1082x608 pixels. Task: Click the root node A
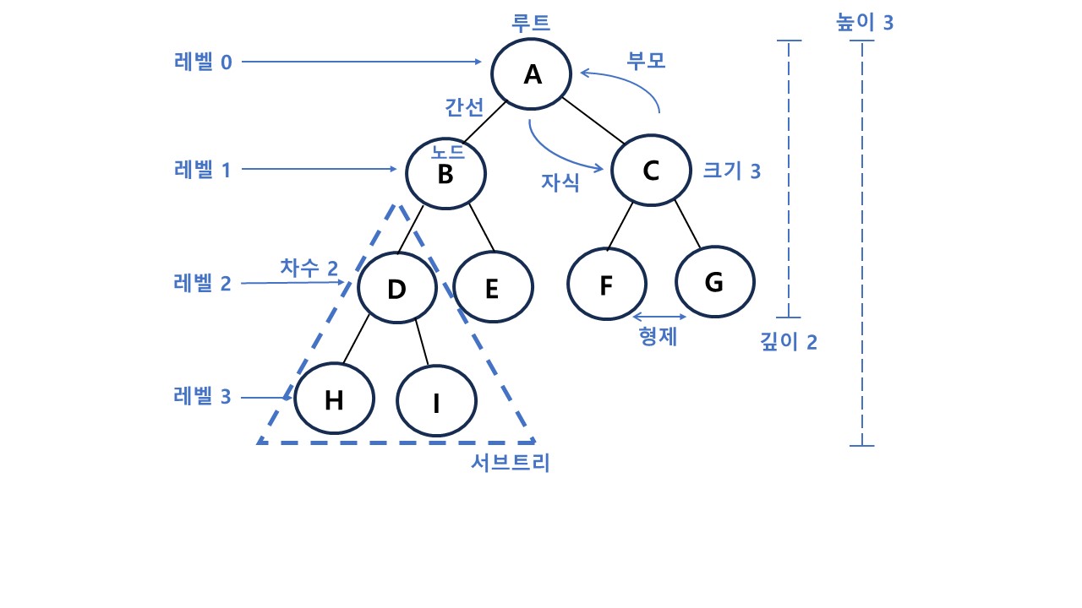pyautogui.click(x=533, y=74)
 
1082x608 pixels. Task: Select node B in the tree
pyautogui.click(x=445, y=174)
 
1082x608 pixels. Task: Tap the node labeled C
pyautogui.click(x=651, y=171)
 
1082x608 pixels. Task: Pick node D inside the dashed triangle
pyautogui.click(x=396, y=289)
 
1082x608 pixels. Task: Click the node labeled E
pyautogui.click(x=493, y=288)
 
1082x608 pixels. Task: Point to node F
pyautogui.click(x=606, y=285)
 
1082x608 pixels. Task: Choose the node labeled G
pyautogui.click(x=714, y=282)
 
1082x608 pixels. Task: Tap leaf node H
pyautogui.click(x=335, y=399)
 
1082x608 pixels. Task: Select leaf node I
pyautogui.click(x=436, y=403)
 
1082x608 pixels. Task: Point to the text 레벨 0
pyautogui.click(x=202, y=62)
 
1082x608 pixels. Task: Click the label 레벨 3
pyautogui.click(x=202, y=396)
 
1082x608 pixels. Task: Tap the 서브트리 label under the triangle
pyautogui.click(x=511, y=463)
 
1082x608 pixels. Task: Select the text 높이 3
pyautogui.click(x=864, y=23)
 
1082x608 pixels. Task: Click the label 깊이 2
pyautogui.click(x=789, y=342)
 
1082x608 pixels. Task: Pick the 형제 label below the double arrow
pyautogui.click(x=659, y=337)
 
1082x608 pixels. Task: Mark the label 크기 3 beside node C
pyautogui.click(x=732, y=171)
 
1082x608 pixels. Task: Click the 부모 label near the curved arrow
pyautogui.click(x=646, y=62)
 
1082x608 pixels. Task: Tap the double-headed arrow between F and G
pyautogui.click(x=659, y=317)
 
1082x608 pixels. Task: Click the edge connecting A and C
pyautogui.click(x=593, y=121)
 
